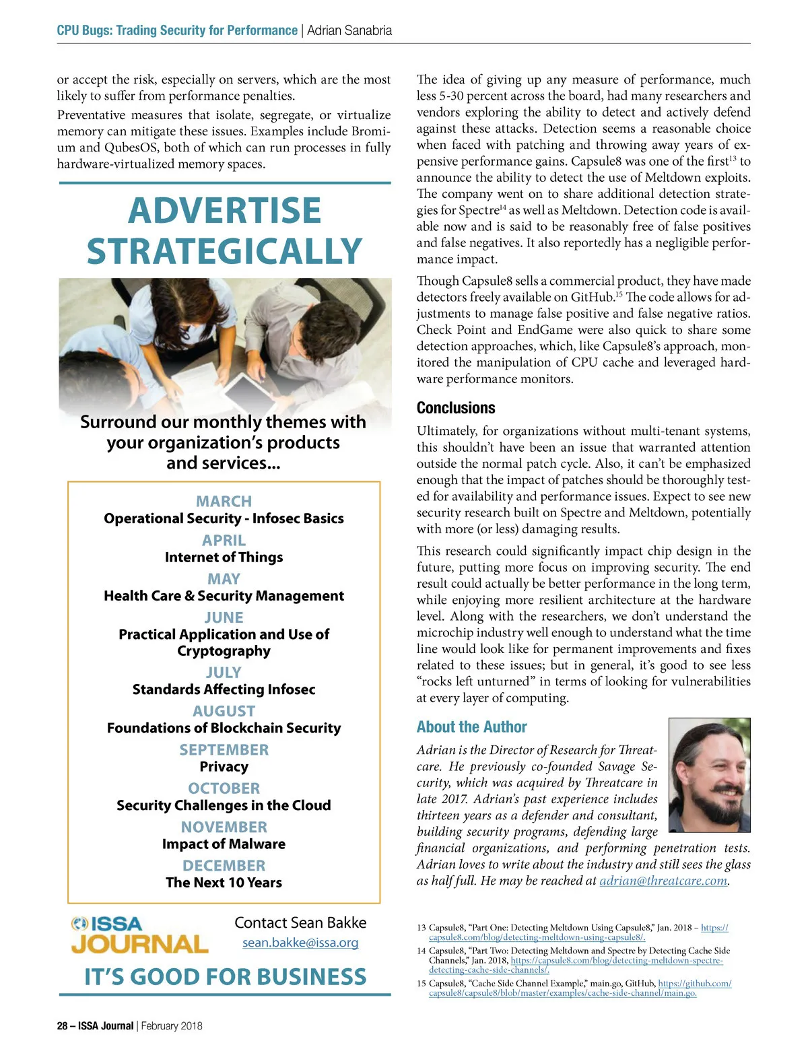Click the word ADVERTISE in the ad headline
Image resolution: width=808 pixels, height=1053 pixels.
[x=224, y=210]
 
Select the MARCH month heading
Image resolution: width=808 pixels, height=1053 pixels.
[x=224, y=502]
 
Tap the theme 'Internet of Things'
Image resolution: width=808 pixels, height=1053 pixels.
[x=224, y=557]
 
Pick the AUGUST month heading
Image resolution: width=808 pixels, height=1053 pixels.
[x=224, y=712]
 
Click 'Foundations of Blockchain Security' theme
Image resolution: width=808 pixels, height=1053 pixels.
[x=224, y=728]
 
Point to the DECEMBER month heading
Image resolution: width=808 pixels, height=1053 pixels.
[x=224, y=866]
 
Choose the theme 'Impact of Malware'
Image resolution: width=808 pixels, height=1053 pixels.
[x=224, y=844]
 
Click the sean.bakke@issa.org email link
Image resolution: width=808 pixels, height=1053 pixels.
[x=300, y=943]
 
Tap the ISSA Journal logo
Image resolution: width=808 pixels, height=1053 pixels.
[x=140, y=935]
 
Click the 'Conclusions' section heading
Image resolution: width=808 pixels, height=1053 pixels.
[x=456, y=408]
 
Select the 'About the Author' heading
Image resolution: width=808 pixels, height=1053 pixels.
[x=471, y=727]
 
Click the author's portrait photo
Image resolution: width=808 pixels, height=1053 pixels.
[x=709, y=766]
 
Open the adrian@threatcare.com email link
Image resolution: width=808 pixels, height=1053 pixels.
[x=663, y=881]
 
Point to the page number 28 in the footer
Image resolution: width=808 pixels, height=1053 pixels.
[x=63, y=1026]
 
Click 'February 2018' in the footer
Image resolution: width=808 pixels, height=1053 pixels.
[x=172, y=1026]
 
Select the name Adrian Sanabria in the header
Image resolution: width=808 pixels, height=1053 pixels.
[x=349, y=30]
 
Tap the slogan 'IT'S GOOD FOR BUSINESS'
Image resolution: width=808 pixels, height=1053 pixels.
[x=225, y=977]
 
